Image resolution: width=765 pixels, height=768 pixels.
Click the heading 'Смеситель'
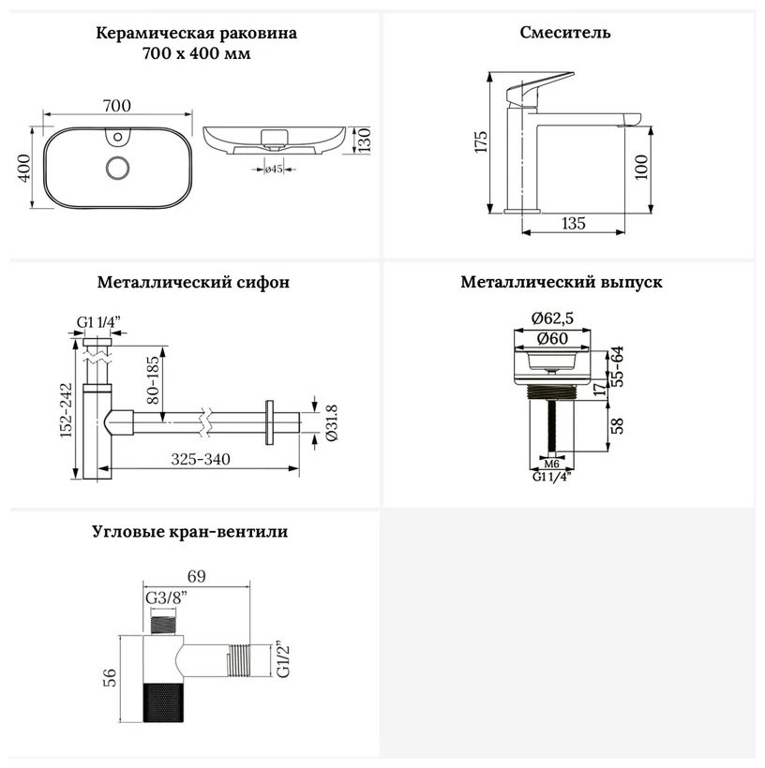point(565,33)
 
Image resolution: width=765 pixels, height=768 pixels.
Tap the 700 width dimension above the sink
point(116,105)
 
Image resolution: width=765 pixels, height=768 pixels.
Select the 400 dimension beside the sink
point(24,168)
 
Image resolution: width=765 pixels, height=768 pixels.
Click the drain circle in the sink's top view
point(118,168)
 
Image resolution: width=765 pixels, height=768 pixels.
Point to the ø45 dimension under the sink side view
point(274,169)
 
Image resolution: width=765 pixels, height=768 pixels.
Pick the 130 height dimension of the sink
point(364,140)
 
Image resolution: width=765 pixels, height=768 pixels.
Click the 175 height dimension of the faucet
point(481,141)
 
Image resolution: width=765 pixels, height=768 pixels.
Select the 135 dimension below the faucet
point(573,223)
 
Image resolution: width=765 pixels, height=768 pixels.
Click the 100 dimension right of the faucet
point(641,167)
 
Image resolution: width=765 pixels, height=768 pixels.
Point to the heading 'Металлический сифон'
point(193,283)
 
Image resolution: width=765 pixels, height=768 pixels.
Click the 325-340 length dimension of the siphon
point(201,459)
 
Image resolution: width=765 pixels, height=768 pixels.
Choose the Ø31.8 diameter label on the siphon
point(332,422)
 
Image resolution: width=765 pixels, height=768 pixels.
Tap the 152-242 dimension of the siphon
point(66,410)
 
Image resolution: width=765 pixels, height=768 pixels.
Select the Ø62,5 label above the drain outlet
point(552,318)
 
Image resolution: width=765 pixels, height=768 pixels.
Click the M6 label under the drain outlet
point(552,464)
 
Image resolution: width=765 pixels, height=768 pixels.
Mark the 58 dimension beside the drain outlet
point(618,425)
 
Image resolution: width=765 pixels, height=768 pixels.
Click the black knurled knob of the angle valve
point(163,702)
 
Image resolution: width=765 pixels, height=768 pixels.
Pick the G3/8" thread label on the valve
point(167,598)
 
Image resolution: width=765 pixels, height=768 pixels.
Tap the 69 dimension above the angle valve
point(196,576)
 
